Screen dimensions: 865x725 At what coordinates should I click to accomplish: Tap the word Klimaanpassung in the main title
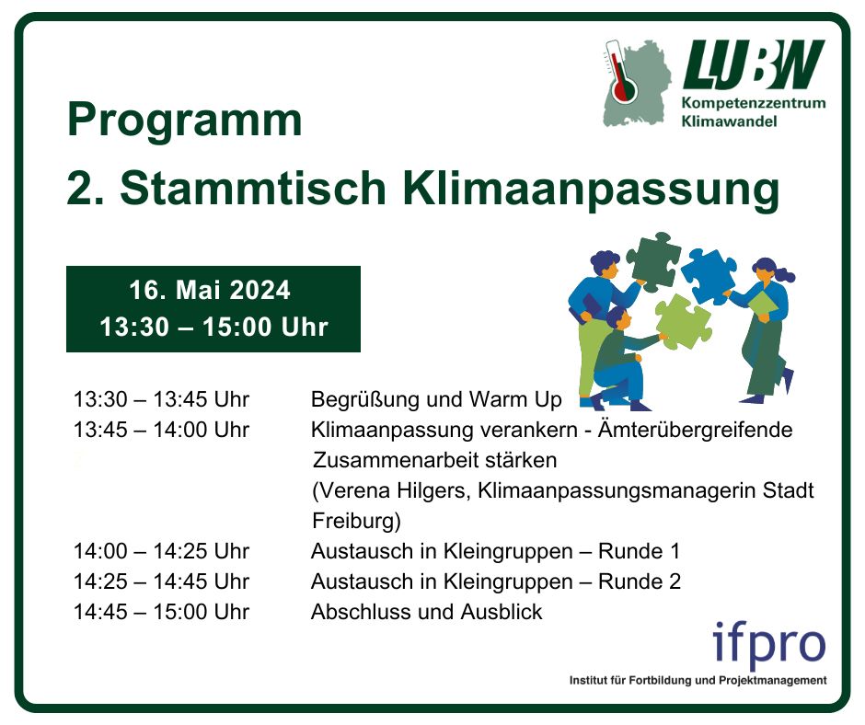[x=591, y=190]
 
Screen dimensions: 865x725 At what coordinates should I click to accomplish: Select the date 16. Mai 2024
[x=210, y=291]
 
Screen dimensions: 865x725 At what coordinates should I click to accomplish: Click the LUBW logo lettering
[x=754, y=64]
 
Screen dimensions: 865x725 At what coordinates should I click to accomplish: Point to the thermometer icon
[x=620, y=74]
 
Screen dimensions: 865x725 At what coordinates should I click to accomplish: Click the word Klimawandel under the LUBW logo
[x=730, y=121]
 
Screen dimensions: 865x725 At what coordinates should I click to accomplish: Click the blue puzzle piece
[x=709, y=276]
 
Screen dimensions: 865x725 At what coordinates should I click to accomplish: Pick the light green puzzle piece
[x=683, y=322]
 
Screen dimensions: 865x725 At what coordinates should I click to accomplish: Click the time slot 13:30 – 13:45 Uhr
[x=161, y=399]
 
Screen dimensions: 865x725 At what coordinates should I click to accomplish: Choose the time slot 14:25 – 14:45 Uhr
[x=161, y=581]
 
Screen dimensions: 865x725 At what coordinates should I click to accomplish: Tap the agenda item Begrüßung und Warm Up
[x=436, y=399]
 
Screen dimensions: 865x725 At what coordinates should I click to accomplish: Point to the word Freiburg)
[x=356, y=521]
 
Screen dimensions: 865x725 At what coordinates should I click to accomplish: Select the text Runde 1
[x=639, y=551]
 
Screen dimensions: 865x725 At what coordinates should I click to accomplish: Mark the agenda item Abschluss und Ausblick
[x=426, y=612]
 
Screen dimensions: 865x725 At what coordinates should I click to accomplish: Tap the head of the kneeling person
[x=617, y=318]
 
